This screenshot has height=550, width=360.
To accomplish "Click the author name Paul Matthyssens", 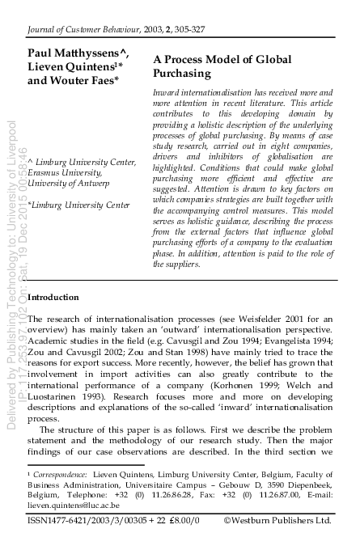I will click(x=74, y=54).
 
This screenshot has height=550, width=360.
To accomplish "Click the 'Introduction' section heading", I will click(x=53, y=298).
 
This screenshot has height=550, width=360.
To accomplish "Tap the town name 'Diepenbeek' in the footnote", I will click(x=305, y=481).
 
